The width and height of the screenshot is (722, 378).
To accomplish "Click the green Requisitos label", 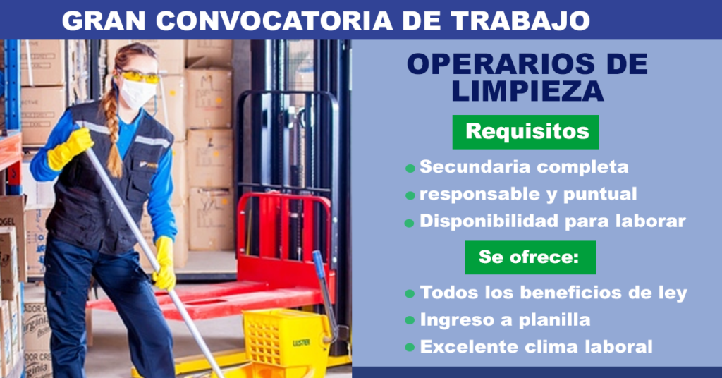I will coord(526,132).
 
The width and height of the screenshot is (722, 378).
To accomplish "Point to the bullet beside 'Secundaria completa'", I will coord(410,169).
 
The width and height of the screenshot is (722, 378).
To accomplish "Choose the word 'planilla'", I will coord(552,319).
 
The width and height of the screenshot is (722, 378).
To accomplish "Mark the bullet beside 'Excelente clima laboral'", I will coord(410,348).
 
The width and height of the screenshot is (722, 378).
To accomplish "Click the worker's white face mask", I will coord(138,93).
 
